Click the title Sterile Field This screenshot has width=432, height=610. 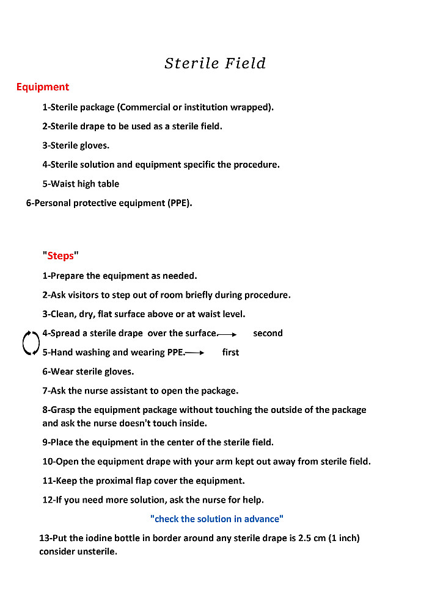point(215,63)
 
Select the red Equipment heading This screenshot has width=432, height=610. point(43,87)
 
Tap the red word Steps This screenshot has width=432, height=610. point(60,256)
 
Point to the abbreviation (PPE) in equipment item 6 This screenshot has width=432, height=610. point(178,203)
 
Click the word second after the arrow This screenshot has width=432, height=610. point(268,333)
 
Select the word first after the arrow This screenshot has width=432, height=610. point(230,353)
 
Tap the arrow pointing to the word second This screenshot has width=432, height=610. point(227,334)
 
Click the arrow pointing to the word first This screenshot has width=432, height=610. point(194,353)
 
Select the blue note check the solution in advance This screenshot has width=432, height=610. point(217,519)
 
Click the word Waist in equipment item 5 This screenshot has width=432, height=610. point(63,184)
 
